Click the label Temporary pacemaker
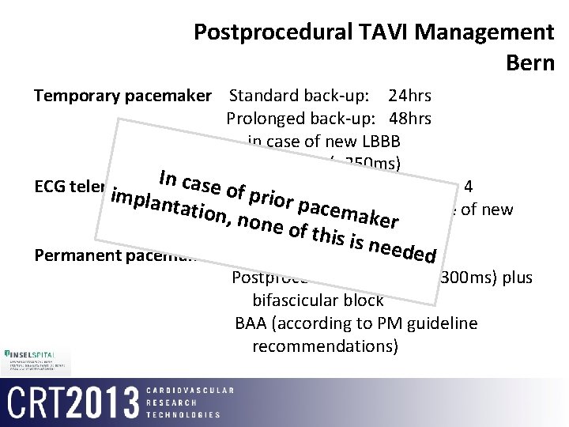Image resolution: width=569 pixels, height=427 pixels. [123, 97]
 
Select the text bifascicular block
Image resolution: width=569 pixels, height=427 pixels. [318, 300]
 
